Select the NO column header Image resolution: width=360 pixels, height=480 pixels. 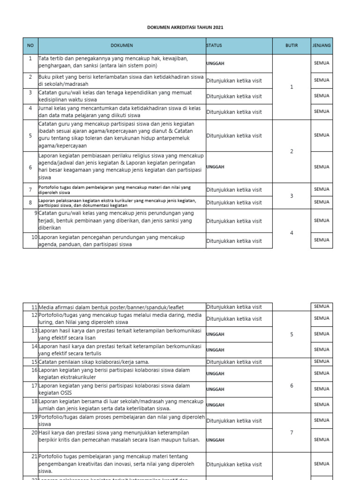(30, 45)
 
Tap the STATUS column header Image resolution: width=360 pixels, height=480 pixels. (214, 45)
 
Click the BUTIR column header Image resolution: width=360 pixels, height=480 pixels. (292, 45)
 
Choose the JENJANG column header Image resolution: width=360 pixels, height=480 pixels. (322, 45)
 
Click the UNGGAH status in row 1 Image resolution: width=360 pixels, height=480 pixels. (216, 63)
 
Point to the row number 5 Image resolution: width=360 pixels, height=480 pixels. (30, 135)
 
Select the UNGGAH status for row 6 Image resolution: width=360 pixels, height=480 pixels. (216, 166)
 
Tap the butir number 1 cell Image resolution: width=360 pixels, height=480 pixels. (292, 87)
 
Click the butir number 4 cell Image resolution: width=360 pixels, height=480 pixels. (292, 233)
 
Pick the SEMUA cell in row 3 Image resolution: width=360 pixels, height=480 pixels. (322, 96)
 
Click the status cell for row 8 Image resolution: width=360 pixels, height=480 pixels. (234, 202)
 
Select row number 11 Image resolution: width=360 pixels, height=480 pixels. (34, 307)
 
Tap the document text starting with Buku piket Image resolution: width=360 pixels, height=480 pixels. (121, 80)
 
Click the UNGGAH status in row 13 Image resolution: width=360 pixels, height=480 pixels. (216, 334)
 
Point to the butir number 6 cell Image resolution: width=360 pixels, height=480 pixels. (292, 385)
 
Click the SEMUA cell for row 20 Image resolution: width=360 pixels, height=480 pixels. (322, 440)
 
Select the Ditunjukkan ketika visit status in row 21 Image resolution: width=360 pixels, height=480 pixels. (234, 465)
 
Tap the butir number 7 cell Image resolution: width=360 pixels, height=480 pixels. (292, 432)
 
